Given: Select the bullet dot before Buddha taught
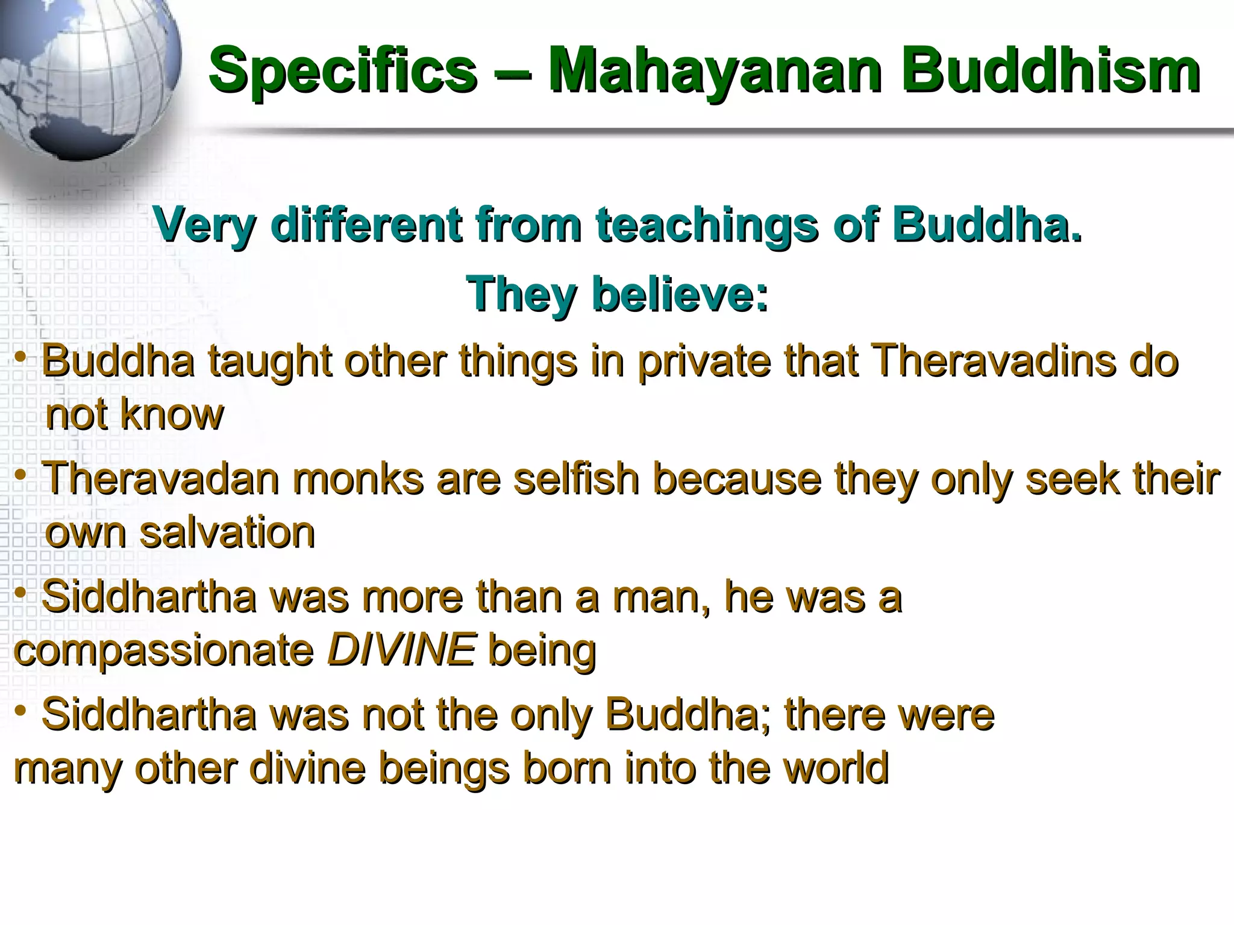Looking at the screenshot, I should coord(20,359).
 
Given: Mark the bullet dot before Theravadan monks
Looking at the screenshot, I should coord(20,476).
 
